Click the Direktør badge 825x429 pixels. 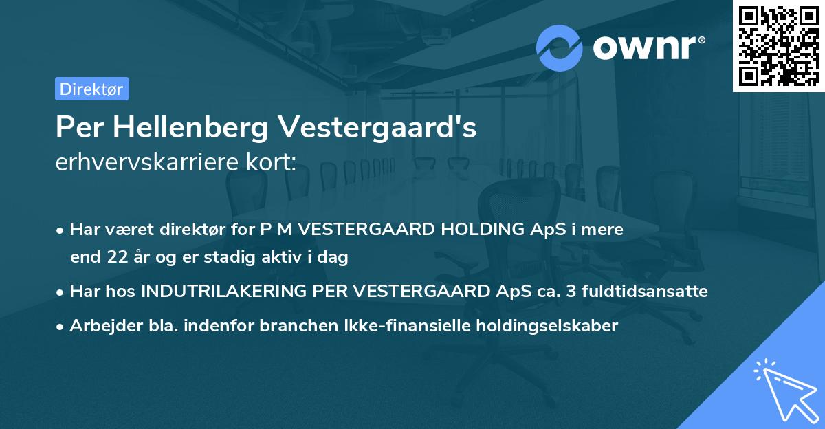tap(91, 89)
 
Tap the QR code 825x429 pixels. tap(778, 45)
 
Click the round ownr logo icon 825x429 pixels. tap(560, 47)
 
